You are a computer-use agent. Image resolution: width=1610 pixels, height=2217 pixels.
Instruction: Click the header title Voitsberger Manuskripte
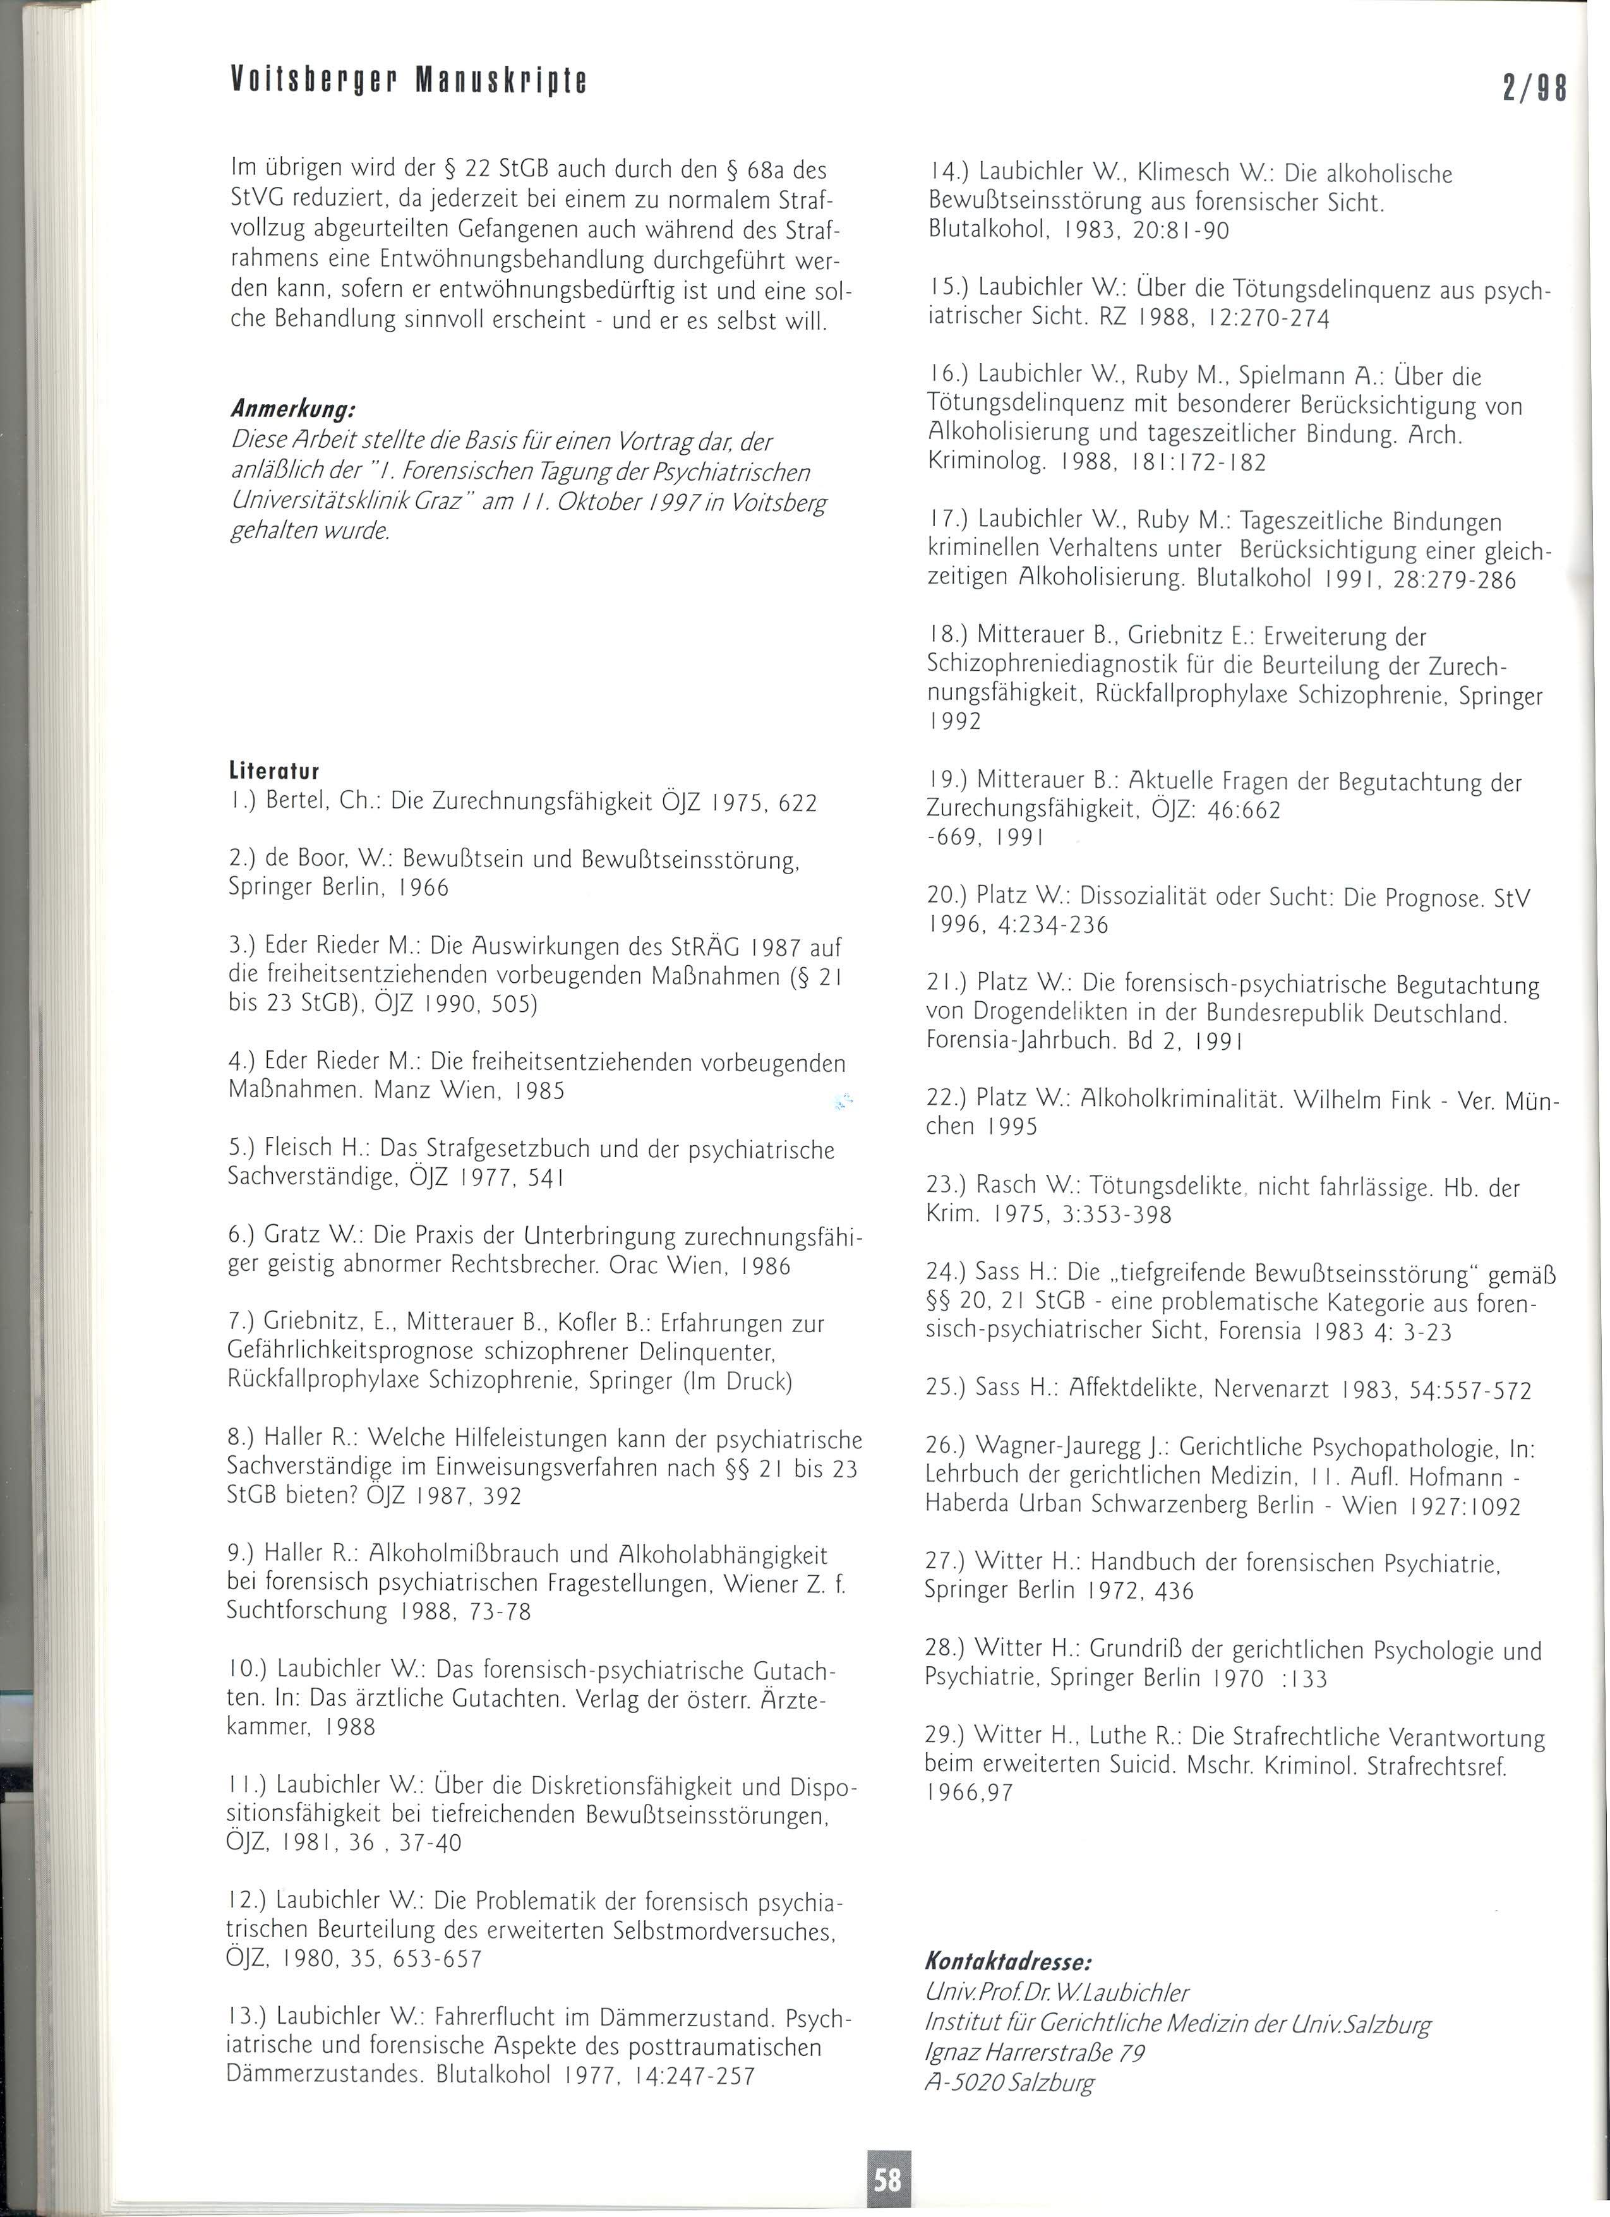coord(409,81)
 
